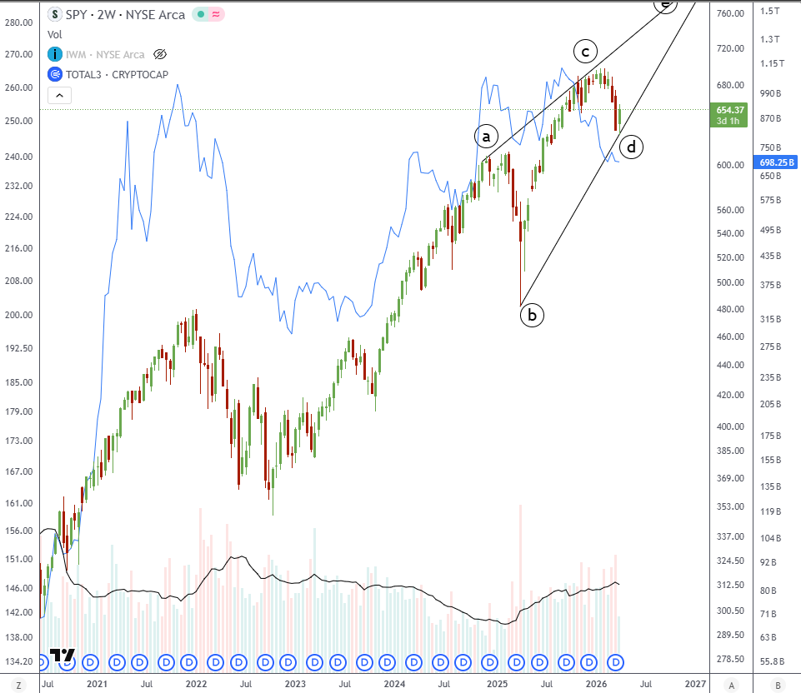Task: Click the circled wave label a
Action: coord(486,135)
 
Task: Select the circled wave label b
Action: coord(532,315)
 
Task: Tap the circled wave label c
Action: coord(585,52)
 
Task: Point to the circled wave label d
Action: coord(632,147)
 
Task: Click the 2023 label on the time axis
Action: coord(295,685)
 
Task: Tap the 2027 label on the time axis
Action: coord(696,685)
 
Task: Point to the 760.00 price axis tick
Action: coord(730,13)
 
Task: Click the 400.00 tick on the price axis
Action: coord(730,426)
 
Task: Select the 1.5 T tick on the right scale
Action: coord(769,11)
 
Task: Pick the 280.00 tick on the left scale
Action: coord(18,22)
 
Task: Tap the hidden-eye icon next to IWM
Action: coord(160,54)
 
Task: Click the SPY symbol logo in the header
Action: coord(55,14)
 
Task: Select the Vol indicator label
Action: coord(55,34)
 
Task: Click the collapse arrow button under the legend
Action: coord(59,96)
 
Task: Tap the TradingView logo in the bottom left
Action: coord(63,656)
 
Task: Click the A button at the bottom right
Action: coord(731,685)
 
